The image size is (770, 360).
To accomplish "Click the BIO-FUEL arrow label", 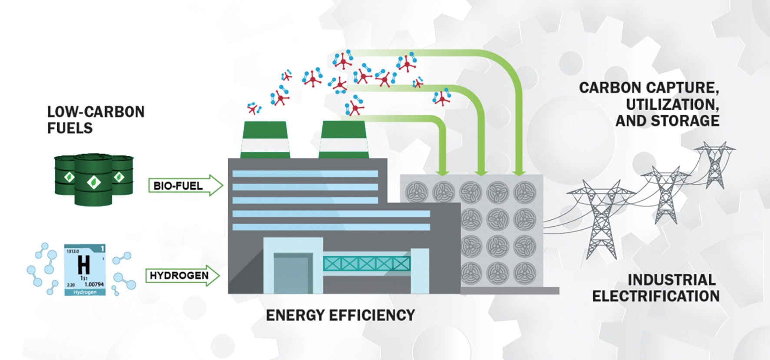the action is [178, 186].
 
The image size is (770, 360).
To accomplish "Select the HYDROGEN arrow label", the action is [179, 275].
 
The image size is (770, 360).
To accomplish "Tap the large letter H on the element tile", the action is [84, 264].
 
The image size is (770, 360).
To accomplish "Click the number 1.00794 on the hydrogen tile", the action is [94, 284].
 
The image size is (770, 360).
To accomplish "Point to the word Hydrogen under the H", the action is [85, 292].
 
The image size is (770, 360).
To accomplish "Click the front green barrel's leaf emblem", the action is [93, 182].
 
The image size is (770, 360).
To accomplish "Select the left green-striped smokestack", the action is [265, 140].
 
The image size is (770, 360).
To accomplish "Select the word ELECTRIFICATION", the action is [656, 296].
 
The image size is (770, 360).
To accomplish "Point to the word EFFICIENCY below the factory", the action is [369, 315].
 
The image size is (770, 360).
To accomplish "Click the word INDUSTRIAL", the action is [672, 280].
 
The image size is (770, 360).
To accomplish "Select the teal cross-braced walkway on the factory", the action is [366, 263].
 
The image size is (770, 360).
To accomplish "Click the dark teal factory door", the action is [293, 274].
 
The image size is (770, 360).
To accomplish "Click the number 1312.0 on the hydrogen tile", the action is [72, 251].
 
